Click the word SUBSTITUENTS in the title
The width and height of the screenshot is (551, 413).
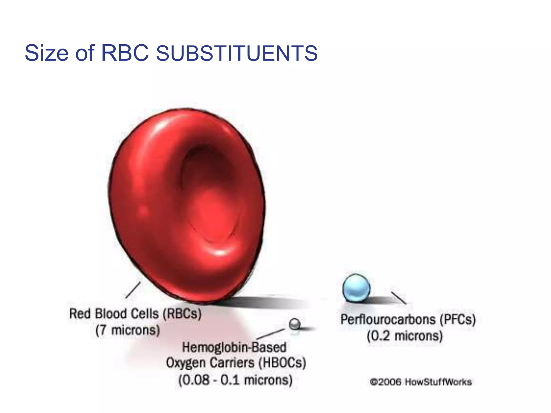point(237,53)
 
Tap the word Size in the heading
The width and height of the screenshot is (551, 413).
point(46,53)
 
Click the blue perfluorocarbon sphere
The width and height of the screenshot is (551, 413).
point(356,288)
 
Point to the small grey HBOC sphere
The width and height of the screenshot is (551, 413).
point(295,324)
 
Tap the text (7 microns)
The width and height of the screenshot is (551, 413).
point(128,330)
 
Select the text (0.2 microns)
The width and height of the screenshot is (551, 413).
point(405,336)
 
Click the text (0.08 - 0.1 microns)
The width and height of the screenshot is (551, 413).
point(235,380)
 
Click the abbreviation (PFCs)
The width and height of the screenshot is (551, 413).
point(458,319)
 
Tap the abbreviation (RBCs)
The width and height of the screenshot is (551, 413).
point(182,314)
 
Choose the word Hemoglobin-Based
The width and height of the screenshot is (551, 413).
point(234,347)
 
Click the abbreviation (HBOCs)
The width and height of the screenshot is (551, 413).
point(282,363)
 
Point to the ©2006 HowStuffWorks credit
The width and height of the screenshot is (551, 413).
point(421,382)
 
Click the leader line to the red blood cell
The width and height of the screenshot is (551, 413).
point(133,290)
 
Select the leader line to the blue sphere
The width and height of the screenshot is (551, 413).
point(398,298)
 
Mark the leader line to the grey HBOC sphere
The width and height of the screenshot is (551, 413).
point(270,334)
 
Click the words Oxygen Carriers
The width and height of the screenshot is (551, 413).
point(210,363)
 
